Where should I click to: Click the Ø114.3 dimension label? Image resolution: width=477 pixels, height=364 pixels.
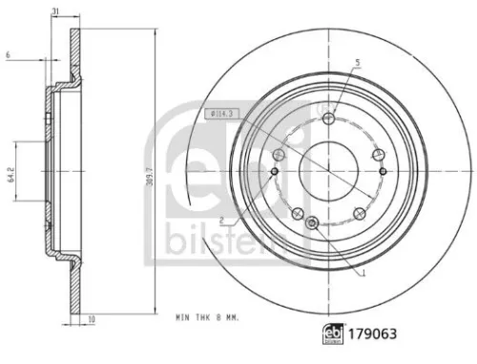tap(220, 118)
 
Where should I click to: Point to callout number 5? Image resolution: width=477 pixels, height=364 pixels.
tap(358, 63)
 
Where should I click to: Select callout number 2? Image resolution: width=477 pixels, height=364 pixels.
tap(221, 221)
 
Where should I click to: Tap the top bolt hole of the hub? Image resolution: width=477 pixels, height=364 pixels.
tap(330, 119)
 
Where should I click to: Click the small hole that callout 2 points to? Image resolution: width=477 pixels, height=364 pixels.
tap(275, 173)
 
